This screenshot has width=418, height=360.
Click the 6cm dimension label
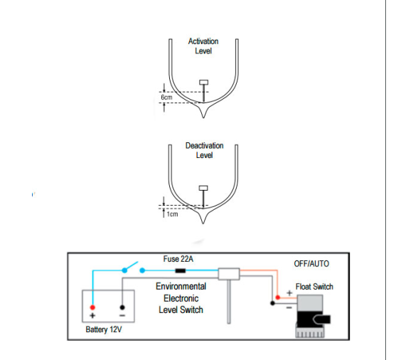tap(166, 97)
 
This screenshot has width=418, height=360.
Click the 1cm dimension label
tap(172, 214)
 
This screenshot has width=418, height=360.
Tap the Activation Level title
tap(203, 46)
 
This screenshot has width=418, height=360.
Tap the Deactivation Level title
tap(205, 150)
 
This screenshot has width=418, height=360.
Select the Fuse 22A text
tap(178, 259)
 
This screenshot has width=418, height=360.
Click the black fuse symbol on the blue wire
tap(181, 271)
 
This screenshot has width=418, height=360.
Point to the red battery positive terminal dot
tap(92, 307)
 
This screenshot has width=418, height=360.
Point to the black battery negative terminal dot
tap(122, 307)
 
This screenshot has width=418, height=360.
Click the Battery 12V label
tap(104, 329)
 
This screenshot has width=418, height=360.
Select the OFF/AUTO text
tap(311, 264)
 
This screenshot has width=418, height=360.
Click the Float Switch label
tap(314, 287)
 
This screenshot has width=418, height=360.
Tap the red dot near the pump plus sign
tap(278, 297)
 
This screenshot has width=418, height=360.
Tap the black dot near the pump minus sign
tap(272, 303)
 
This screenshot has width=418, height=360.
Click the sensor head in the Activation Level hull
tap(204, 83)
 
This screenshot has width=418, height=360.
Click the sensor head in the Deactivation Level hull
tap(203, 188)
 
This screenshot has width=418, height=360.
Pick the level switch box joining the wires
tap(229, 274)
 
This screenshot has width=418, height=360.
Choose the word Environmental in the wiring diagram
tap(181, 286)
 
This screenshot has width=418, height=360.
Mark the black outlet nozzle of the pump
tap(322, 319)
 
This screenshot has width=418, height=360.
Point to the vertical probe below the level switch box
tap(229, 302)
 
